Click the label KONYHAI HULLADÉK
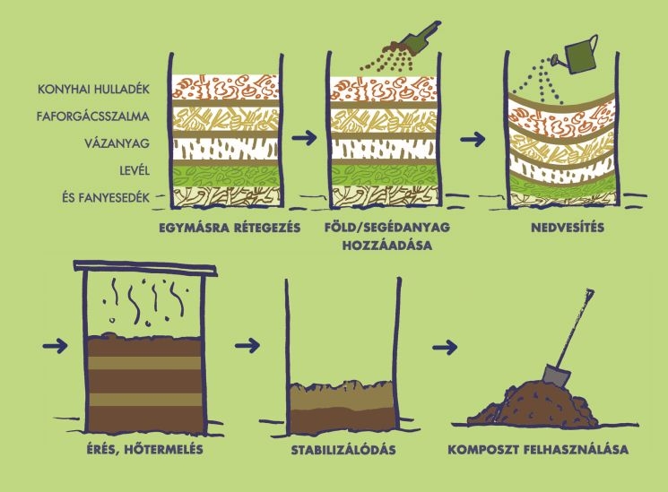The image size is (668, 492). point(94,89)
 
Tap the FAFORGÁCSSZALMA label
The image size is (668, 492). point(93,117)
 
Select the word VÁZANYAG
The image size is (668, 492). point(117,143)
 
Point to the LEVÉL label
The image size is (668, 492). point(134,170)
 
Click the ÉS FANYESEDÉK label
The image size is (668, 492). point(106,198)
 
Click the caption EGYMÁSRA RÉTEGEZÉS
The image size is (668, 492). point(230,228)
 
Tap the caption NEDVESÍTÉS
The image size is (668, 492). point(568,228)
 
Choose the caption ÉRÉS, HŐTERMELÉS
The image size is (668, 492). point(145,449)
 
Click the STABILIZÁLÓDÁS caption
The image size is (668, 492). point(343,450)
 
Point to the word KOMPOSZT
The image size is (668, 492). point(482,449)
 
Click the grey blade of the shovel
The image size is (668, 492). point(557,376)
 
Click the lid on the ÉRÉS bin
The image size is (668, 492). point(145,268)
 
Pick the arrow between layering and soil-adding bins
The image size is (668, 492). point(305,137)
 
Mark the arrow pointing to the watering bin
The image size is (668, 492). point(473,139)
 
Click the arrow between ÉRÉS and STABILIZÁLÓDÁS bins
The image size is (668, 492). point(247,345)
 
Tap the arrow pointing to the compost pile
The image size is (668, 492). point(445,347)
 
